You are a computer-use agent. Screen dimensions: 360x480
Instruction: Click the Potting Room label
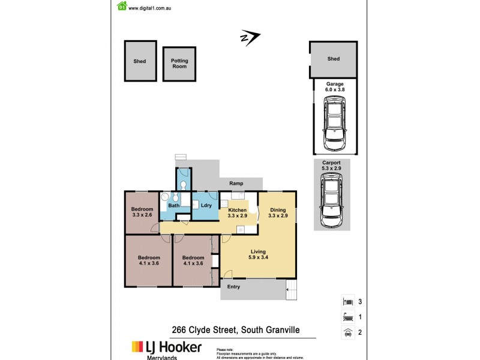pyautogui.click(x=179, y=64)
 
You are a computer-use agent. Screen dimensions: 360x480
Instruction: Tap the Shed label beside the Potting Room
pyautogui.click(x=140, y=61)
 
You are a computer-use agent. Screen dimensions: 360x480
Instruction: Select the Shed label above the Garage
pyautogui.click(x=334, y=59)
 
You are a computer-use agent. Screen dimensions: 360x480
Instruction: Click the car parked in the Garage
pyautogui.click(x=334, y=125)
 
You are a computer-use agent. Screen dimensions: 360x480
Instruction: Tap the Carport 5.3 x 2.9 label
pyautogui.click(x=332, y=166)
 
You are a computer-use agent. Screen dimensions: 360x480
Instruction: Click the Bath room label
pyautogui.click(x=173, y=206)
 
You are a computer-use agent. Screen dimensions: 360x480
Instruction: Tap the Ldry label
pyautogui.click(x=206, y=206)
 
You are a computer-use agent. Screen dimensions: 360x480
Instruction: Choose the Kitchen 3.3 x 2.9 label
pyautogui.click(x=238, y=212)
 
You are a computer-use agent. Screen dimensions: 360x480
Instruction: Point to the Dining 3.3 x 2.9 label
pyautogui.click(x=278, y=212)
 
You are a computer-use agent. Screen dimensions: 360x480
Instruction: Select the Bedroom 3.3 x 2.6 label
pyautogui.click(x=142, y=212)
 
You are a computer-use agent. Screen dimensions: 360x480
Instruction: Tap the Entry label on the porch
pyautogui.click(x=233, y=287)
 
